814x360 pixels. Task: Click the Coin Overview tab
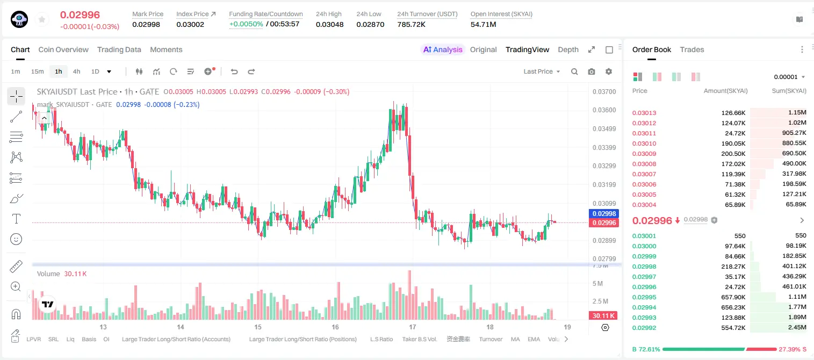click(63, 49)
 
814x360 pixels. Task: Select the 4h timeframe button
click(76, 71)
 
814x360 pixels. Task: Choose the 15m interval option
click(38, 71)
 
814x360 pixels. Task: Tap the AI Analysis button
click(443, 49)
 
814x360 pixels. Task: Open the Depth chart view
click(568, 49)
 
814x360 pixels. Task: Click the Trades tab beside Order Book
click(692, 49)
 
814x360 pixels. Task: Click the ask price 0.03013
click(644, 113)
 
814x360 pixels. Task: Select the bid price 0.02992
click(644, 328)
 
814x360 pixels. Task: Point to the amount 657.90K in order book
click(733, 297)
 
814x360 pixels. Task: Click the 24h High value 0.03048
click(329, 24)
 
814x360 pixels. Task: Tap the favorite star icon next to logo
click(42, 20)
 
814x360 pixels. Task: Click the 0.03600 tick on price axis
click(604, 110)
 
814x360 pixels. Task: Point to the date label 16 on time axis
click(335, 327)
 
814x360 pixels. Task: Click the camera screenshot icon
click(592, 71)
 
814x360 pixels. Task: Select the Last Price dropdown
click(542, 71)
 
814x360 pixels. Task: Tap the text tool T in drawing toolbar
click(16, 219)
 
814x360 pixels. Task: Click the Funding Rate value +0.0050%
click(246, 24)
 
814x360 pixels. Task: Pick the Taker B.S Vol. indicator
click(419, 339)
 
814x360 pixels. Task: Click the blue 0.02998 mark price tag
click(604, 214)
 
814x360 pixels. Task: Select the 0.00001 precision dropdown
click(789, 77)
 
